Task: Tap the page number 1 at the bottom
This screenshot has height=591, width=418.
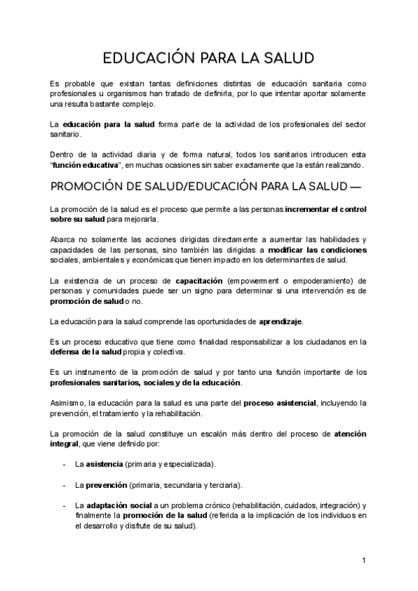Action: tap(364, 560)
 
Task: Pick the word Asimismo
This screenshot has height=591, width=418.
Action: tap(69, 403)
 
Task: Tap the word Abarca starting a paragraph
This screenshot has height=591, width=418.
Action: tap(63, 239)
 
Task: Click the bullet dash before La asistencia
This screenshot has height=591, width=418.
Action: tap(64, 463)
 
